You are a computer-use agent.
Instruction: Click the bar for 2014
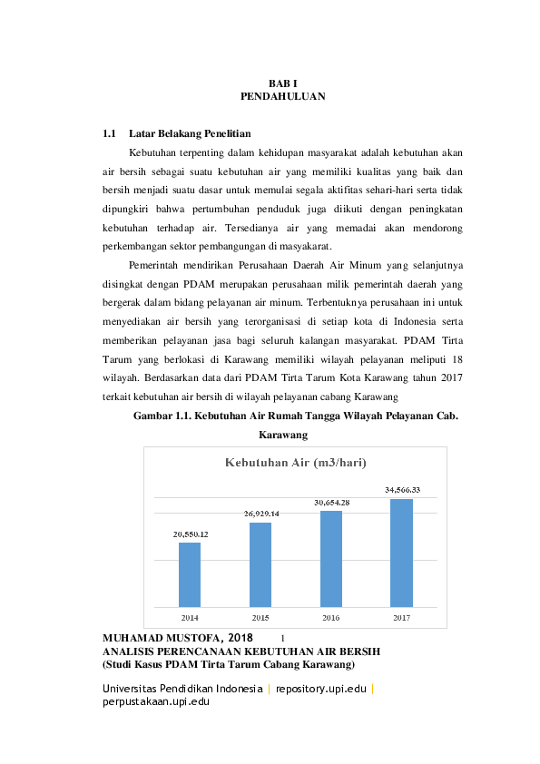click(190, 574)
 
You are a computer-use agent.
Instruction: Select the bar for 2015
click(260, 564)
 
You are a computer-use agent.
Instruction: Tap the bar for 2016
click(331, 558)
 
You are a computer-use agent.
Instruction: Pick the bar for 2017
click(402, 553)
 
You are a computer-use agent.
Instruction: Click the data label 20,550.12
click(191, 534)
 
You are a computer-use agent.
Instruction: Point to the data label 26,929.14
click(261, 514)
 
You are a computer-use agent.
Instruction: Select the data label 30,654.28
click(332, 502)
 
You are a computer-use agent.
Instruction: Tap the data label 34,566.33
click(402, 490)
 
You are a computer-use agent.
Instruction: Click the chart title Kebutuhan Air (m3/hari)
click(295, 463)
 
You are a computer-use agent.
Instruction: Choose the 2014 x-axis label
click(190, 617)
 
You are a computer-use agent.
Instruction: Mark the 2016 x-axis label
click(331, 617)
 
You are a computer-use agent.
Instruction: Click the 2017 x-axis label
click(402, 617)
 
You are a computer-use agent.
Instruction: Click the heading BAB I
click(282, 83)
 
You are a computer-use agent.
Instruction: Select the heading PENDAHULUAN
click(282, 96)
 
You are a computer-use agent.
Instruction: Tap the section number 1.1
click(110, 134)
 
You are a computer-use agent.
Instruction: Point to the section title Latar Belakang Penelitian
click(189, 134)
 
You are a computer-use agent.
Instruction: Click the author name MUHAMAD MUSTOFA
click(157, 638)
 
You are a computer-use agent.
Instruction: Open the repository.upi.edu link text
click(320, 689)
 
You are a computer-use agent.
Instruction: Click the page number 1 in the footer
click(283, 639)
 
